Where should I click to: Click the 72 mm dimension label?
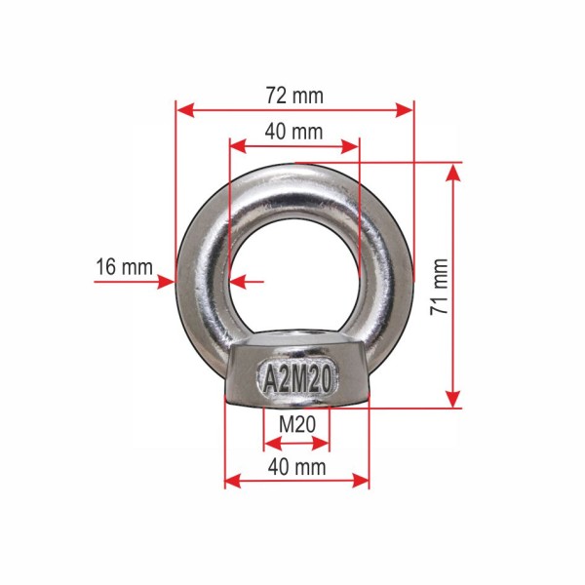pyautogui.click(x=294, y=96)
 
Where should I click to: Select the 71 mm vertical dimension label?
pyautogui.click(x=439, y=287)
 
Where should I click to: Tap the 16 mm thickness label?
pyautogui.click(x=125, y=267)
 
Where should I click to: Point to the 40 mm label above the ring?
pyautogui.click(x=294, y=132)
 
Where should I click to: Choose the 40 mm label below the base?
pyautogui.click(x=297, y=467)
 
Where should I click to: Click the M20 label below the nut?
pyautogui.click(x=297, y=424)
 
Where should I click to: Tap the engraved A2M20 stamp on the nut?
pyautogui.click(x=297, y=378)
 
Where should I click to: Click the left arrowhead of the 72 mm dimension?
pyautogui.click(x=185, y=110)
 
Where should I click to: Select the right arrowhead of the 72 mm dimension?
pyautogui.click(x=404, y=110)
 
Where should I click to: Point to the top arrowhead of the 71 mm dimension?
pyautogui.click(x=453, y=173)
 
